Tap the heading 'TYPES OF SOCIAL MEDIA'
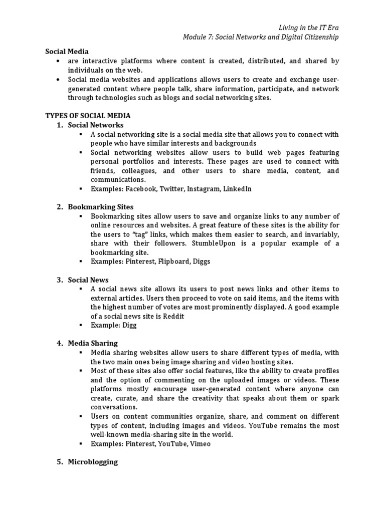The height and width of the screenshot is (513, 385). [x=88, y=115]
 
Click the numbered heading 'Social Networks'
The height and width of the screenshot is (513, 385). [x=95, y=125]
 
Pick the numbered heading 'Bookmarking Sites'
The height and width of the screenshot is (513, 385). [x=100, y=206]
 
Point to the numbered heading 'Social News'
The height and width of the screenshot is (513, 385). [x=88, y=280]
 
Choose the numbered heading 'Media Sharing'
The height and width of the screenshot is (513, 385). [x=93, y=343]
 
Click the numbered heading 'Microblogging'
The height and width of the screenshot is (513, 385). [x=93, y=462]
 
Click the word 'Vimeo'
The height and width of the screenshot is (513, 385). [x=200, y=444]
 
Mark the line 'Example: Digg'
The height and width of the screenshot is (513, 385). [x=113, y=325]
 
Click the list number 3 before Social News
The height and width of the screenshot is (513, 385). [x=59, y=280]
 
